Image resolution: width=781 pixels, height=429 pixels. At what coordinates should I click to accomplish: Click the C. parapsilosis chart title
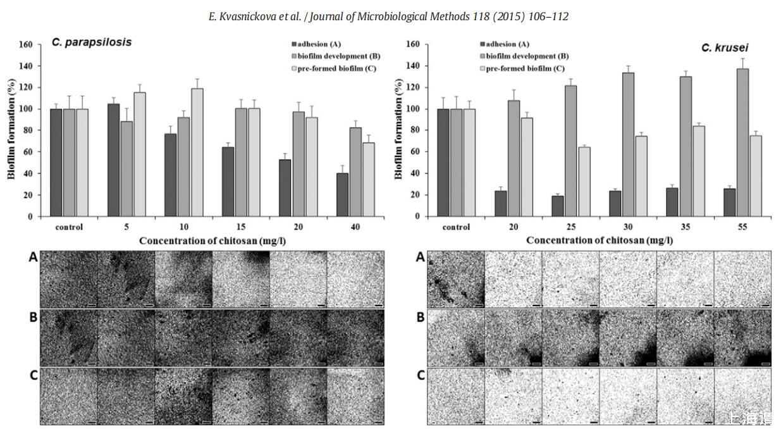[92, 42]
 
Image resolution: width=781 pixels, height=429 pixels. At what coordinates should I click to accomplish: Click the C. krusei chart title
[724, 48]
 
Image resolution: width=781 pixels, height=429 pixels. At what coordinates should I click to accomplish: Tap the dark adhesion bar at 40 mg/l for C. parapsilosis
[342, 195]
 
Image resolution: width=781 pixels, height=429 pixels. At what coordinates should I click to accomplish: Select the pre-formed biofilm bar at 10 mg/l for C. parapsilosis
[197, 152]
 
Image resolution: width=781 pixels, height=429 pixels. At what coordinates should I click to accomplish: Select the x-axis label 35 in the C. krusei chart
[686, 227]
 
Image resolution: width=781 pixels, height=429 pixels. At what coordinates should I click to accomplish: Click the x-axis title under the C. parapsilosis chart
[207, 240]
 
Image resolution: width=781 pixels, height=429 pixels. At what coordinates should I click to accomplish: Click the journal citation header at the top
[388, 16]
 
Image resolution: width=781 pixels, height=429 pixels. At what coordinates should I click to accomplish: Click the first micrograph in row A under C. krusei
[456, 279]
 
